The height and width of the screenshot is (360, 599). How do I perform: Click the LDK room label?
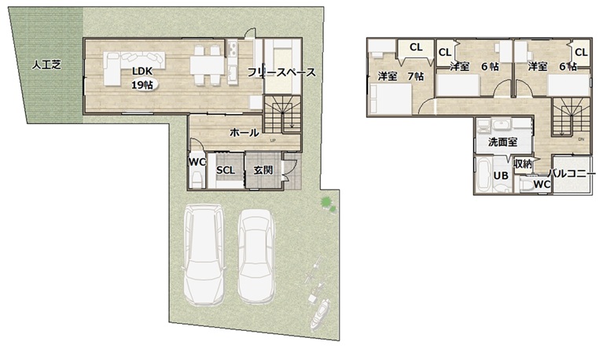coord(142,71)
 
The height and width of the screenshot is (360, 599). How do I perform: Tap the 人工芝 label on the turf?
coord(46,65)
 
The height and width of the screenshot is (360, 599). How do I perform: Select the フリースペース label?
coord(281,72)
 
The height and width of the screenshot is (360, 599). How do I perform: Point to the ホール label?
coord(244,133)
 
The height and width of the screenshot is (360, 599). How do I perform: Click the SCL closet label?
coord(226,171)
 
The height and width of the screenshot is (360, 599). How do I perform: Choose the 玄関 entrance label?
coord(263,170)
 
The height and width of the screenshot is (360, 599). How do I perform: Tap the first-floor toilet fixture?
coord(197,180)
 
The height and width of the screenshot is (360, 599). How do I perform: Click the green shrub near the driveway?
coord(327,204)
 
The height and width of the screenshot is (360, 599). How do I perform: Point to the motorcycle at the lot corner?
coord(320,314)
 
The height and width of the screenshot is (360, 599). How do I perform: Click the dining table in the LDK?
coord(207,65)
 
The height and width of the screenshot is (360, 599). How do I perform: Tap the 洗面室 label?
coord(503,142)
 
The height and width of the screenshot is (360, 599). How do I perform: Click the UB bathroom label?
coord(501,175)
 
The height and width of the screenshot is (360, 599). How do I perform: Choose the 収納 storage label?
coord(523,164)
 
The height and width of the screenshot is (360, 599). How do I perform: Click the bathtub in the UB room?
coord(483,174)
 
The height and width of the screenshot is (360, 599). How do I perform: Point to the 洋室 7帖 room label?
coord(401,76)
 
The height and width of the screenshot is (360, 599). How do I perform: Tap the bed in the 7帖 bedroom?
coord(390,98)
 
